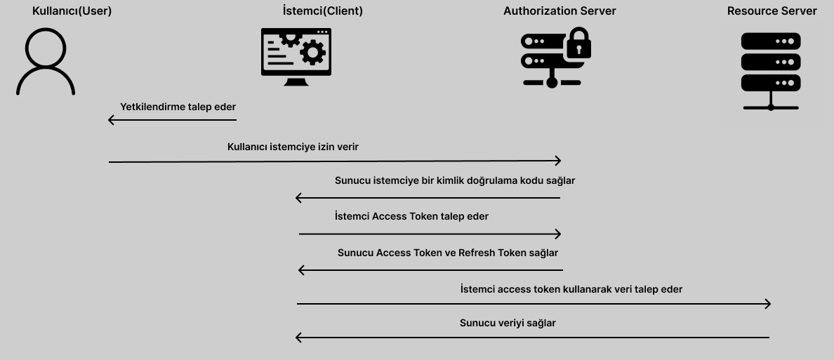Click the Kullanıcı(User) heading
point(72,11)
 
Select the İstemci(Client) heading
point(322,11)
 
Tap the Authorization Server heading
point(560,11)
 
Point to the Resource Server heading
point(772,11)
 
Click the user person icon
point(46,62)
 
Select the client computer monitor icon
point(296,56)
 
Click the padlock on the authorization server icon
point(579,45)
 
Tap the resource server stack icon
point(771,70)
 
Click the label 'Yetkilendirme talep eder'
point(178,107)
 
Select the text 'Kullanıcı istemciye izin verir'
point(293,147)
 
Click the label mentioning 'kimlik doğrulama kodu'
point(455,180)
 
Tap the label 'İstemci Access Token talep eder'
point(411,216)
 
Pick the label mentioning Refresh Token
point(448,253)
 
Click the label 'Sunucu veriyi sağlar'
point(508,323)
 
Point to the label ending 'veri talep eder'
point(571,289)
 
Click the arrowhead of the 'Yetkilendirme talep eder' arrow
point(111,120)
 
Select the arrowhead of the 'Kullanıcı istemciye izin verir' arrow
point(558,161)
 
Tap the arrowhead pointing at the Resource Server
point(768,304)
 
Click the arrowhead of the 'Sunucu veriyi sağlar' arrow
point(299,338)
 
